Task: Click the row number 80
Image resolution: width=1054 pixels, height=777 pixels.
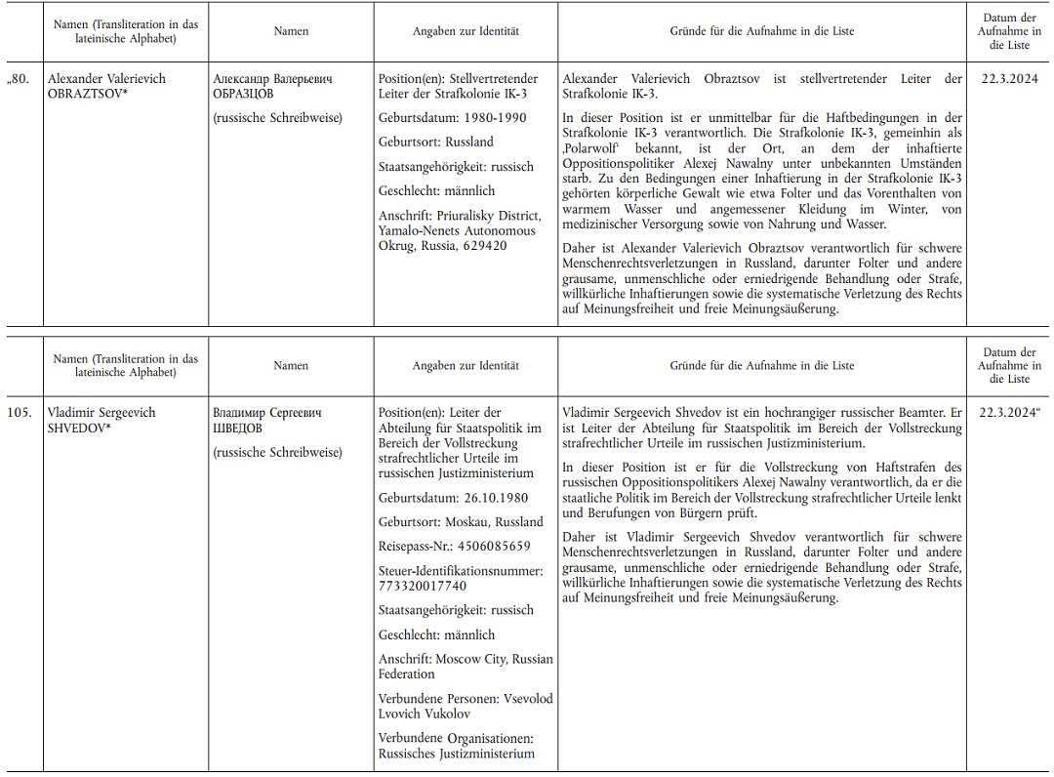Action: coord(20,79)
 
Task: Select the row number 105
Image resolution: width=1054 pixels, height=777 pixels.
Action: coord(20,413)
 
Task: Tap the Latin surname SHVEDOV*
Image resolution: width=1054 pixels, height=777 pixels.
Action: coord(81,429)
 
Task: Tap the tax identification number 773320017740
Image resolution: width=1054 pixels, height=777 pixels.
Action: coord(422,586)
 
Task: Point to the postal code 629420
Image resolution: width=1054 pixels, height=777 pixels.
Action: coord(484,246)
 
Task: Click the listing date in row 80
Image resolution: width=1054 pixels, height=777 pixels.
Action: coord(1004,79)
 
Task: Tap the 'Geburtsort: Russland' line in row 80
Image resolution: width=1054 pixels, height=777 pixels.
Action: coord(435,142)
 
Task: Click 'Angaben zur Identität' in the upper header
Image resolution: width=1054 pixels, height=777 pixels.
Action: coord(466,31)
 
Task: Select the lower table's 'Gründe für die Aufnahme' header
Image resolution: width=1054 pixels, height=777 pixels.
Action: coord(761,366)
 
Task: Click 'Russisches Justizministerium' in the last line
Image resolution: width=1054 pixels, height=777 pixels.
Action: coord(456,754)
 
